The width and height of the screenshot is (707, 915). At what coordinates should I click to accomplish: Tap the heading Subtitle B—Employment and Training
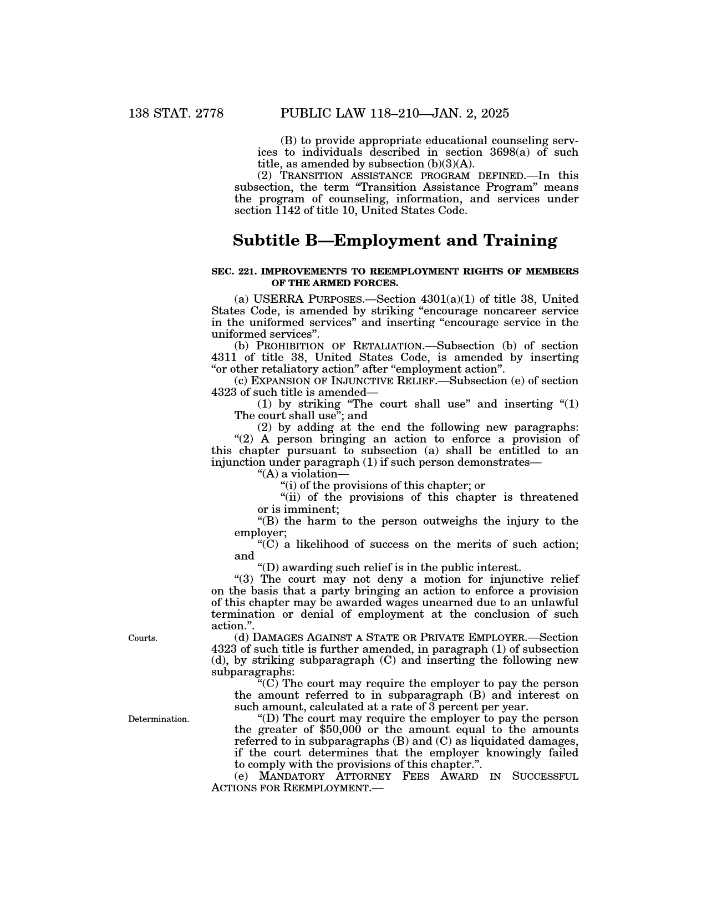coord(395,241)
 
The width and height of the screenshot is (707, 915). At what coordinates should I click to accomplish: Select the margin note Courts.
coord(143,638)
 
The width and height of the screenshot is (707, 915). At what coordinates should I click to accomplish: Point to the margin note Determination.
coord(159,719)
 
